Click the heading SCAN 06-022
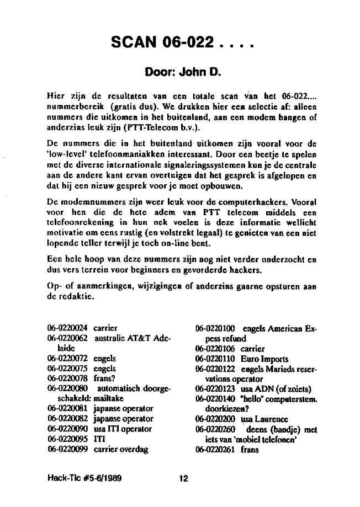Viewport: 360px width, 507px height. click(182, 42)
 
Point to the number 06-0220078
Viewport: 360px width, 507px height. click(68, 378)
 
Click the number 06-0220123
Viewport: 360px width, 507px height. click(216, 388)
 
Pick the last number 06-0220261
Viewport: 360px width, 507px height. click(216, 449)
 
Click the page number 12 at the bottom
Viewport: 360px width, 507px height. click(183, 479)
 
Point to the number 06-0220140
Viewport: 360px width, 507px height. click(216, 398)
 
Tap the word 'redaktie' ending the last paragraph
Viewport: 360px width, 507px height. click(70, 298)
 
